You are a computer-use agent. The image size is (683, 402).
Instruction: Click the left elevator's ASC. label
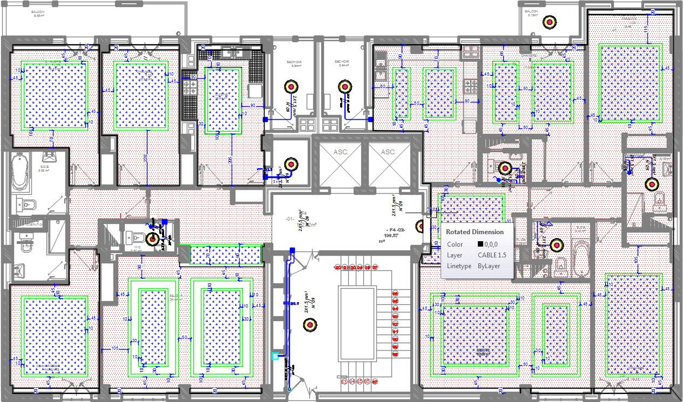tap(340, 152)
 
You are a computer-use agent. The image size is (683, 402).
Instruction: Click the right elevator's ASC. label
tap(388, 152)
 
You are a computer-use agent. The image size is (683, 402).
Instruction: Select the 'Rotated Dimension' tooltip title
tap(475, 231)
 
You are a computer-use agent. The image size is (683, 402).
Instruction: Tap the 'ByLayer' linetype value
tap(489, 266)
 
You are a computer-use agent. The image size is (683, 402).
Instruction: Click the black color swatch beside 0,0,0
tap(480, 244)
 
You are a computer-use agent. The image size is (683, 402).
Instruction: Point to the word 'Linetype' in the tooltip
tap(458, 266)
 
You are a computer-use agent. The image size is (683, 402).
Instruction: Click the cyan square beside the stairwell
tap(275, 356)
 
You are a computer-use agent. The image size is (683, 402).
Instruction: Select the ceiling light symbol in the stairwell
tap(309, 324)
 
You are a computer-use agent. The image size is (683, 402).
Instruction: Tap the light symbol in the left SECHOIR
tap(291, 86)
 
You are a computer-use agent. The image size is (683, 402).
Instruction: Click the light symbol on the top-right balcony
tap(550, 22)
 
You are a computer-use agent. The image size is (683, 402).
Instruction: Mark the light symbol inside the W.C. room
tap(153, 238)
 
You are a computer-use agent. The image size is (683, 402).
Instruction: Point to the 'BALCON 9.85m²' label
tap(38, 13)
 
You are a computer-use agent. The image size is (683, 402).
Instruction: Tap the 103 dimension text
tap(115, 348)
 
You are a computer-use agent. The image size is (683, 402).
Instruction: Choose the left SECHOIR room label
tap(295, 63)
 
